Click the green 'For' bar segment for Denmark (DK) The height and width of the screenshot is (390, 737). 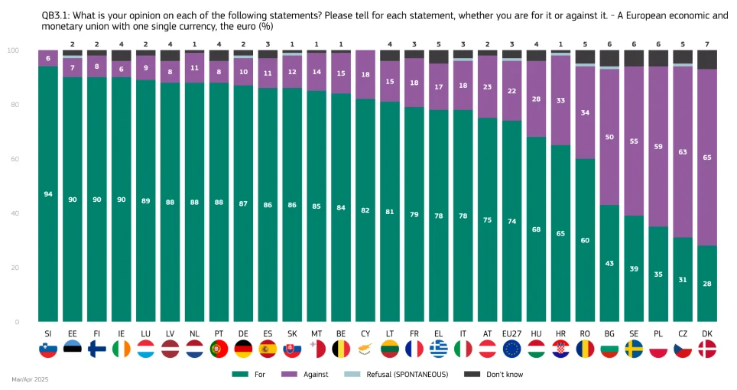(x=707, y=283)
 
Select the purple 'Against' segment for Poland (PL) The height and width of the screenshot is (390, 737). (x=658, y=145)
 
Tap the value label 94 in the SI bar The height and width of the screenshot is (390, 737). (x=48, y=194)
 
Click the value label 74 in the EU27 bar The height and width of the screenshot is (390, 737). (x=511, y=221)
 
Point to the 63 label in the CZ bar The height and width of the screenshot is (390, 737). (x=683, y=151)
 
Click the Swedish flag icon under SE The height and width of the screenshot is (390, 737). (x=634, y=349)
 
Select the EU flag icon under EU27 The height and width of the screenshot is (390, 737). (x=511, y=349)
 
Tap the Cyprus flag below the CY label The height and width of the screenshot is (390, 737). (x=365, y=349)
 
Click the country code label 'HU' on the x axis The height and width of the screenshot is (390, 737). (x=536, y=333)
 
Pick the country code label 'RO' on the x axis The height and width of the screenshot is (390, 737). (x=585, y=333)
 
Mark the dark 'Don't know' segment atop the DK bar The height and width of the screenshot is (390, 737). (x=707, y=60)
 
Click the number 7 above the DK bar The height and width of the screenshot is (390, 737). (x=707, y=44)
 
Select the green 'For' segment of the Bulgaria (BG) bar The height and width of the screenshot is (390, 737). (x=609, y=263)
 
